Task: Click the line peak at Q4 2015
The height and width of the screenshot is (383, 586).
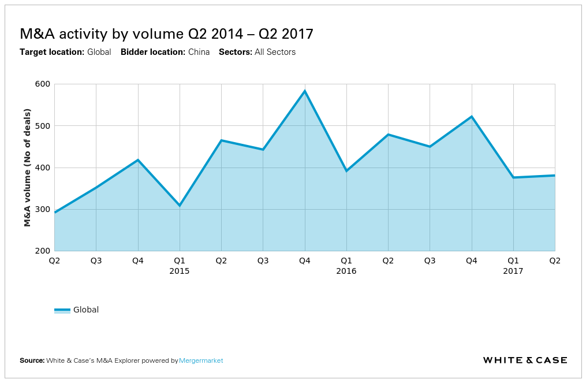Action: pos(305,91)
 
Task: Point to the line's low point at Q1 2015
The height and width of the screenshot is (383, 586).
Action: pos(180,206)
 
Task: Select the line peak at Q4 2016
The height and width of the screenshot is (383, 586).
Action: pos(472,117)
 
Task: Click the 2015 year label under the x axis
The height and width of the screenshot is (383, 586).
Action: pos(180,271)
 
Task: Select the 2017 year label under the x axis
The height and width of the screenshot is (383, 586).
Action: pos(513,271)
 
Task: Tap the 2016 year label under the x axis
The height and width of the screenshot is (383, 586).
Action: pos(346,271)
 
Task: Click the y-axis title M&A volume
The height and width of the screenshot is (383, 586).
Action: pos(27,167)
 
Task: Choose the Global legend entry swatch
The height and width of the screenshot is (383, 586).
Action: pos(62,310)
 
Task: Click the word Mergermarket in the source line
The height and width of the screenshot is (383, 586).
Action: pos(201,360)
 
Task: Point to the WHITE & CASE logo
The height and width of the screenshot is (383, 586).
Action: pos(525,360)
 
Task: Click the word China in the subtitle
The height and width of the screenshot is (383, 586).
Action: pos(199,52)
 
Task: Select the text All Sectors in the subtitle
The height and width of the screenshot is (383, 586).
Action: pos(275,52)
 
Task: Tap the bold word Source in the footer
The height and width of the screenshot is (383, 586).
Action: pos(32,360)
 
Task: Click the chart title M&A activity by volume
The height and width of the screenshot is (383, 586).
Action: pos(166,34)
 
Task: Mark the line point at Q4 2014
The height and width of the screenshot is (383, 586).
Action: pos(138,159)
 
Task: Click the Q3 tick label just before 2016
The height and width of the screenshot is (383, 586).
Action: pos(263,261)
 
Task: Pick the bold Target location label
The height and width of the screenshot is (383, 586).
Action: pos(52,52)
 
